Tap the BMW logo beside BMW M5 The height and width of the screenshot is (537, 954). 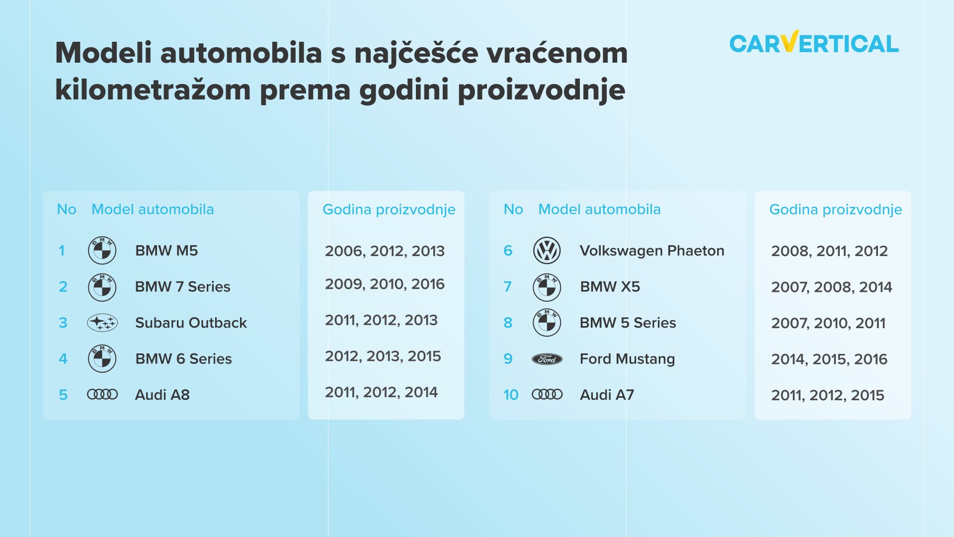pyautogui.click(x=102, y=250)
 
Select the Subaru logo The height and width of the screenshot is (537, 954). pyautogui.click(x=102, y=323)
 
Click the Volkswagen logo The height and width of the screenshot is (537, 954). pyautogui.click(x=547, y=250)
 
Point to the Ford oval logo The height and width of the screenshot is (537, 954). pyautogui.click(x=547, y=359)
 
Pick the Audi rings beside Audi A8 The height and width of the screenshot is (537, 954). pyautogui.click(x=102, y=394)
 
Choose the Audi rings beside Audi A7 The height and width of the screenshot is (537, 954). pyautogui.click(x=547, y=394)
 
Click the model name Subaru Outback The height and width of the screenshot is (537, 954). pyautogui.click(x=191, y=323)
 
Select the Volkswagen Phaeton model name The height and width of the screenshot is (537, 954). pyautogui.click(x=652, y=251)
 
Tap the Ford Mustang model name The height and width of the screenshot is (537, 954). pyautogui.click(x=627, y=359)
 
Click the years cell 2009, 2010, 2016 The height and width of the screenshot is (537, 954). pyautogui.click(x=385, y=284)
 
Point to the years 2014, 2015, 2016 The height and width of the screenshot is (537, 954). pyautogui.click(x=829, y=359)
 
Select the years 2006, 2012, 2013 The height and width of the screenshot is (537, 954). pyautogui.click(x=385, y=251)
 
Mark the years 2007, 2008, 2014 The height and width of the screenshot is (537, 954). pyautogui.click(x=831, y=287)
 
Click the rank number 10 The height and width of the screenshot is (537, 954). pyautogui.click(x=511, y=395)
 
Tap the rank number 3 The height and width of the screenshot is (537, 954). pyautogui.click(x=63, y=323)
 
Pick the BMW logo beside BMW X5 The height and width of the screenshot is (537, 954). pyautogui.click(x=547, y=287)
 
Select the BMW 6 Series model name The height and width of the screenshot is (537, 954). pyautogui.click(x=183, y=359)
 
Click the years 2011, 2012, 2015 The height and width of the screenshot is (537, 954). pyautogui.click(x=828, y=395)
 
